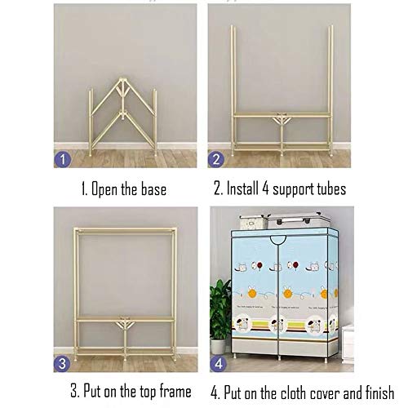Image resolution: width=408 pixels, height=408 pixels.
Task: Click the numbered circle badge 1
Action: (63, 159)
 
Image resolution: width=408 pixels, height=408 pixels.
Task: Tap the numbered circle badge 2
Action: (216, 159)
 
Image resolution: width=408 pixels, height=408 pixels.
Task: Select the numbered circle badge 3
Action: (62, 364)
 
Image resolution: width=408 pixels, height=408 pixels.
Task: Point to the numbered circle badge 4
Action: (219, 364)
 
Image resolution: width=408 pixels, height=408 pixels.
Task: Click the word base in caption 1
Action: (153, 189)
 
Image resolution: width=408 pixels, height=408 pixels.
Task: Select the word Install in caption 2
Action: (242, 188)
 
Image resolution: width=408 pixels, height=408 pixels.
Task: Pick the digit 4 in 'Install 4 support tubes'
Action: (265, 188)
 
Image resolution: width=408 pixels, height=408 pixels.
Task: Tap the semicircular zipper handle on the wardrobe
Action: (278, 241)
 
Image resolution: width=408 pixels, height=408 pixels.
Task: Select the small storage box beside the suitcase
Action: (252, 222)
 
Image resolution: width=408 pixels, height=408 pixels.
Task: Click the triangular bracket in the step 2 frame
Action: (282, 119)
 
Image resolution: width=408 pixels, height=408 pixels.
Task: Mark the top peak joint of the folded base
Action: (122, 81)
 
